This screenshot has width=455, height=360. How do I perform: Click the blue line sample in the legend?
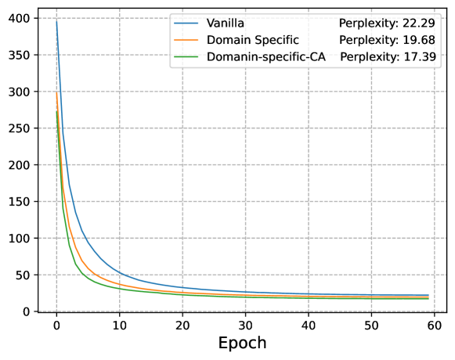point(187,23)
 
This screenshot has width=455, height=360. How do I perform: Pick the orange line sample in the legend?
point(187,41)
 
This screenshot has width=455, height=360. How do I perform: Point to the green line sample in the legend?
point(187,57)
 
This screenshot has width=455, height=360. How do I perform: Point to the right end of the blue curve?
point(428,295)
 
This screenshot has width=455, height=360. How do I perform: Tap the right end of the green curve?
point(428,298)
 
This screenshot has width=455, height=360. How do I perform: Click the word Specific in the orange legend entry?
point(274,40)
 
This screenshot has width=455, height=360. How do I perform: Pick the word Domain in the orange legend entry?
point(226,40)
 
